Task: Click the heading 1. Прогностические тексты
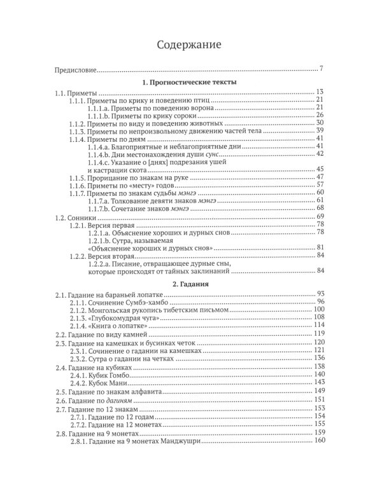[x=190, y=82]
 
